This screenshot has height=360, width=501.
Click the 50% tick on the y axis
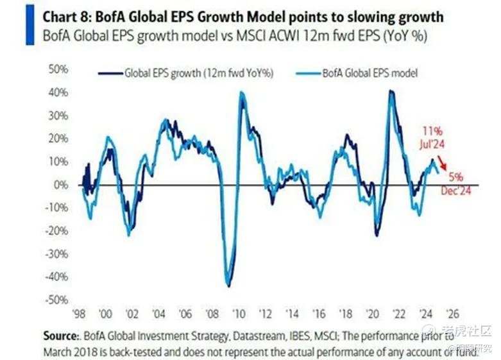click(x=60, y=69)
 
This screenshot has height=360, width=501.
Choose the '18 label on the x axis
click(x=344, y=314)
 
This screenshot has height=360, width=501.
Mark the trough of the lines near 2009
click(x=228, y=286)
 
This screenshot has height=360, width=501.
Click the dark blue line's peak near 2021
click(x=391, y=91)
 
